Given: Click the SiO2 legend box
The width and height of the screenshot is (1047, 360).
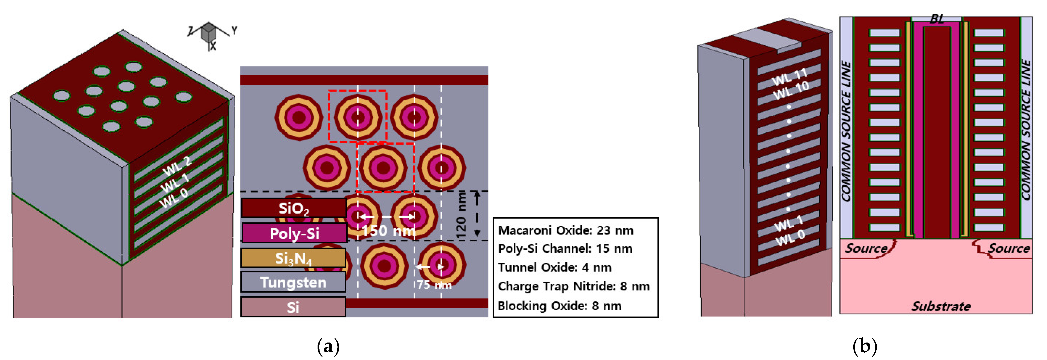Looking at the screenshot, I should [x=293, y=208].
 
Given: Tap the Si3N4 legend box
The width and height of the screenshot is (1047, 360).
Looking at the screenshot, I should [x=293, y=258].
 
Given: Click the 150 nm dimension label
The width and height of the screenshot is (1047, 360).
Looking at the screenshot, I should [x=388, y=231].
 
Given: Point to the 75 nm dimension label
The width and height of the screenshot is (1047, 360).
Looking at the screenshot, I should [x=434, y=284].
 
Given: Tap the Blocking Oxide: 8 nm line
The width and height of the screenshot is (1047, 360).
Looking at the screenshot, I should [x=559, y=306].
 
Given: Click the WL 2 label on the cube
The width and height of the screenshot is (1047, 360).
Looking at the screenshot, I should [x=177, y=166].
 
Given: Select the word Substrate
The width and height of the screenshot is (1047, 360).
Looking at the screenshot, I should [x=941, y=306].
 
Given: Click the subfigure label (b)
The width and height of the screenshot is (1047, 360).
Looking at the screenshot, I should [x=865, y=346].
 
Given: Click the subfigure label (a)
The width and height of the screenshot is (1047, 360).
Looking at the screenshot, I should [x=328, y=346].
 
